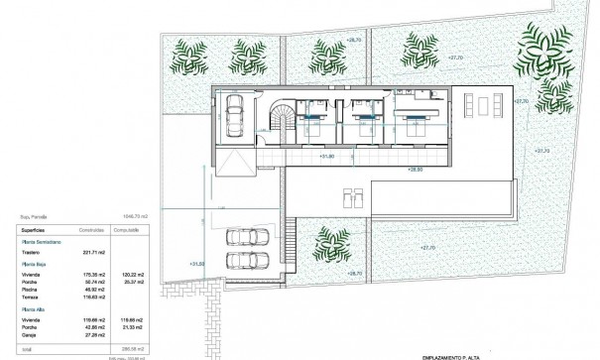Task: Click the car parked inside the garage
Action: coord(236,115)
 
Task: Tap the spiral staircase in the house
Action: coord(281,121)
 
